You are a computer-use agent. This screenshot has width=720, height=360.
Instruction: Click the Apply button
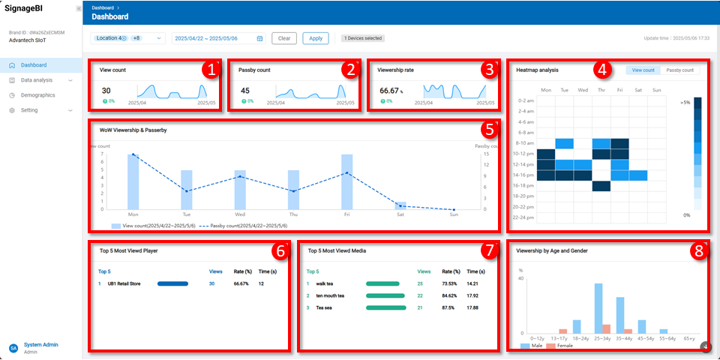click(x=316, y=38)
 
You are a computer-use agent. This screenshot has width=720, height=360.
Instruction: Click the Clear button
click(x=284, y=38)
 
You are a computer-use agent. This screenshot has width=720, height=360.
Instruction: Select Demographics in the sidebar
click(x=37, y=95)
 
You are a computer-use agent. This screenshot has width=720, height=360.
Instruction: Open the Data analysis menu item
click(x=37, y=80)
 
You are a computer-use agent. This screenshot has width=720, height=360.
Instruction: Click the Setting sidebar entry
click(x=29, y=110)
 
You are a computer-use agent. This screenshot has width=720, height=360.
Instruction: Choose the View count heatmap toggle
click(x=643, y=70)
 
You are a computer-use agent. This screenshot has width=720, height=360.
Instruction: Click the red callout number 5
click(x=488, y=128)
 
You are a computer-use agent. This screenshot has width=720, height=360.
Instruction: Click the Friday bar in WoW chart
click(x=347, y=181)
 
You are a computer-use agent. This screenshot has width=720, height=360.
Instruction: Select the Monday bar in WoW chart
click(x=133, y=181)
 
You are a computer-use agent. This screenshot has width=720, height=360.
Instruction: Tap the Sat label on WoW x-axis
click(x=400, y=214)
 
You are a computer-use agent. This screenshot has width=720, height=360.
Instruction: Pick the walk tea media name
click(x=325, y=283)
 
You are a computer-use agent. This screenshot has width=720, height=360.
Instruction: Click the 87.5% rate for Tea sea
click(x=450, y=307)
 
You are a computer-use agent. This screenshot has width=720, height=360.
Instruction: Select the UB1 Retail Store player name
click(x=124, y=283)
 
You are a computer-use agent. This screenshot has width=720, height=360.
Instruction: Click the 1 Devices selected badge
click(x=363, y=38)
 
